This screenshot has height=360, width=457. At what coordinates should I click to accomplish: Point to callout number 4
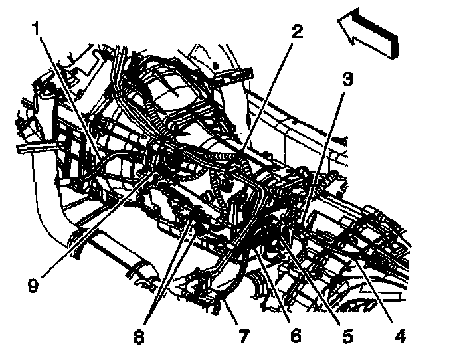399,335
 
